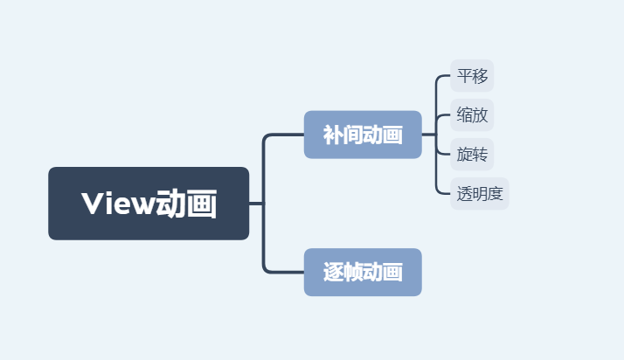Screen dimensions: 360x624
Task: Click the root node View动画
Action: click(149, 203)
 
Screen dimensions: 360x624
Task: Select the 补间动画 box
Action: click(363, 135)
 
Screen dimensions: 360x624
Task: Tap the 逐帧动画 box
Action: click(363, 272)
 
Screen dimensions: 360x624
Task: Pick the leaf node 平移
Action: click(472, 76)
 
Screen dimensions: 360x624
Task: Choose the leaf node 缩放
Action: click(472, 114)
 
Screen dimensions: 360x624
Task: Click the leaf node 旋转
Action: click(472, 155)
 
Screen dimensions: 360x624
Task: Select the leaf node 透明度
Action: click(480, 194)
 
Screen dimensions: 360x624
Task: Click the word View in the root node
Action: click(116, 204)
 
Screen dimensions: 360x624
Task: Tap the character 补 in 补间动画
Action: click(333, 135)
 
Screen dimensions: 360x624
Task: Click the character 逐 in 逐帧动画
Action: click(333, 273)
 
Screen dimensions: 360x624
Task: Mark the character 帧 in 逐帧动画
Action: click(352, 273)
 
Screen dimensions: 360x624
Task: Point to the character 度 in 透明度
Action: click(496, 194)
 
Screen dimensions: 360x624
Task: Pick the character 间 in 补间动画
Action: click(352, 135)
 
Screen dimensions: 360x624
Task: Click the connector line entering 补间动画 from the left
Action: click(284, 135)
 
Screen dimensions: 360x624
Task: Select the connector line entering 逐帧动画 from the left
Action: click(284, 272)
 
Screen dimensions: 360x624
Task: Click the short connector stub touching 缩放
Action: click(443, 114)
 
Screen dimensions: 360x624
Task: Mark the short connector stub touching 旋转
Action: click(443, 155)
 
